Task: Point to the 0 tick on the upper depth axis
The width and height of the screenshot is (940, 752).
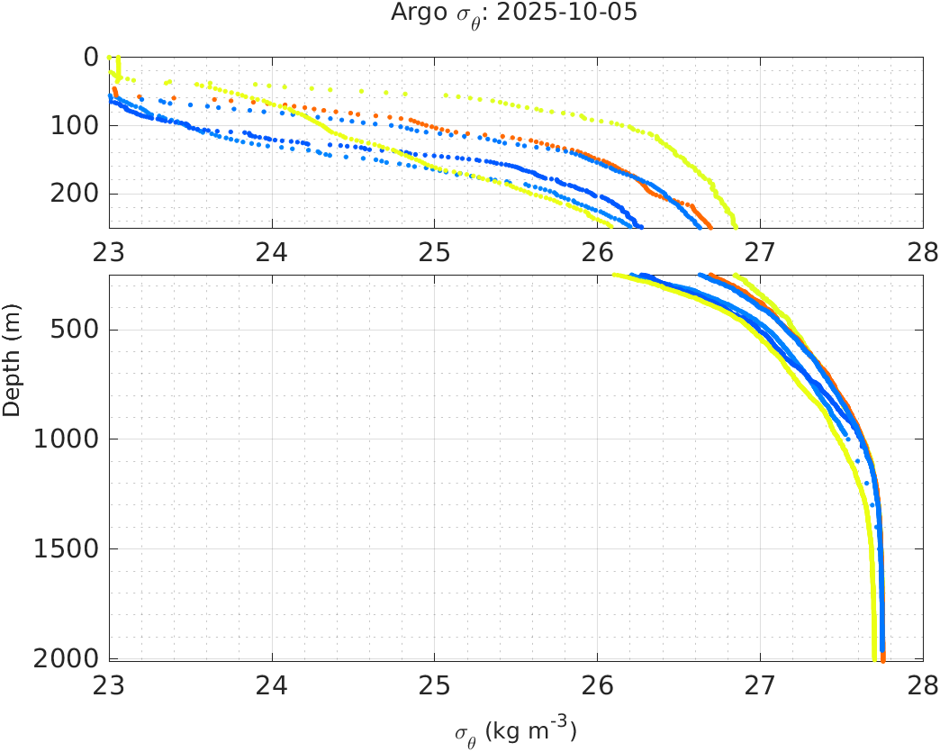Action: click(x=91, y=57)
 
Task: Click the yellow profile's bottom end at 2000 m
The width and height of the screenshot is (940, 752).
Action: click(x=874, y=657)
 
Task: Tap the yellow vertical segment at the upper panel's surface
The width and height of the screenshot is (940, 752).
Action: click(x=119, y=68)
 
